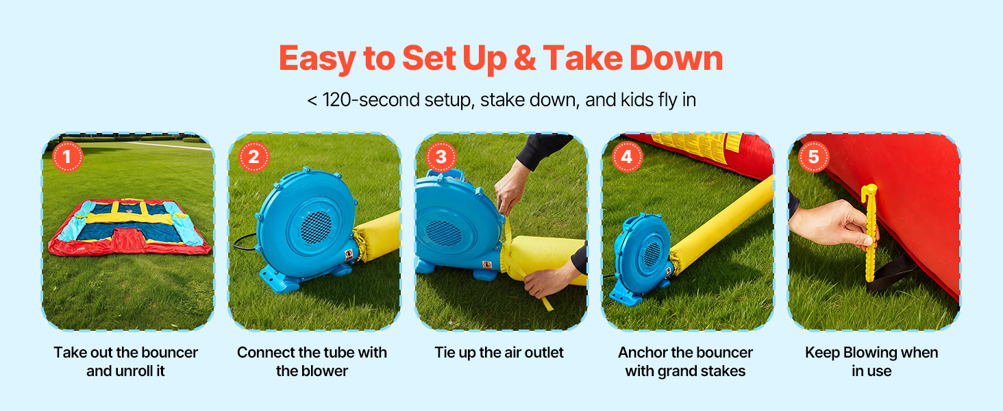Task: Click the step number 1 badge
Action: [x=68, y=157]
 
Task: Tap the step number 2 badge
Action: [x=254, y=157]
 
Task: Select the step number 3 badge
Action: [x=441, y=157]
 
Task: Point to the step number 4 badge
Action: [x=627, y=157]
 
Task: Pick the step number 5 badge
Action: [x=814, y=157]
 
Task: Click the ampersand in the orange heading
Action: [x=525, y=58]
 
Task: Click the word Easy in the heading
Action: [x=317, y=60]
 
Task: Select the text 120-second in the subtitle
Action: [x=371, y=100]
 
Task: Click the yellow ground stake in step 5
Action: [x=870, y=233]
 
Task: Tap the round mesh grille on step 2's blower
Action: [x=316, y=227]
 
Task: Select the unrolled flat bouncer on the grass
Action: [x=129, y=227]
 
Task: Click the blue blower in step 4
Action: [x=641, y=259]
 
